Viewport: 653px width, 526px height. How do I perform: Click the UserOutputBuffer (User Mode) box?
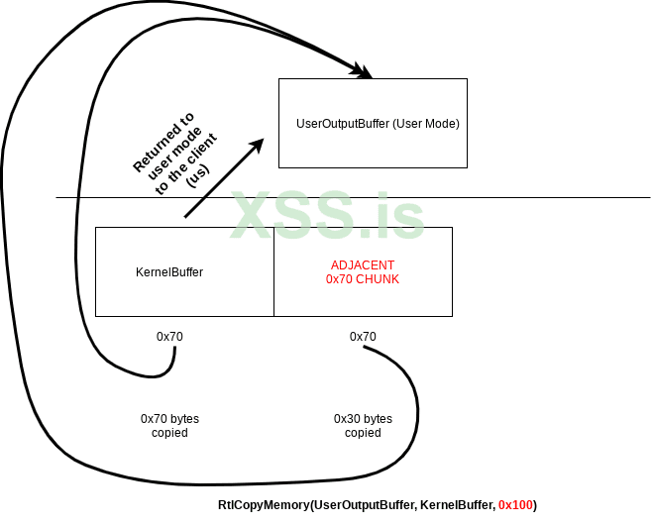pos(372,123)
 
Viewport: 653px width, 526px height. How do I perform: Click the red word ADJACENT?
pos(363,265)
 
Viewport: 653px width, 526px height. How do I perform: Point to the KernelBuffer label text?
pos(169,271)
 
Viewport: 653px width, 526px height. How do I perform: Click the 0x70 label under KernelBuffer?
pos(169,337)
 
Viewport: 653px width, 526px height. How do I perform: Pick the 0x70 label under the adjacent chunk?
pos(363,337)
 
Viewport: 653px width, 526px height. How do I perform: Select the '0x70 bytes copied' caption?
pos(169,426)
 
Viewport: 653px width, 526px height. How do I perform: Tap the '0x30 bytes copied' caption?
pos(363,426)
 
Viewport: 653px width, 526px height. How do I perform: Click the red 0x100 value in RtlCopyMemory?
pos(515,505)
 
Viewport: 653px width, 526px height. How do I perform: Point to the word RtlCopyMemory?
pos(264,505)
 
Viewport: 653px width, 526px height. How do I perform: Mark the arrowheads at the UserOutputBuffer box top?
pos(365,72)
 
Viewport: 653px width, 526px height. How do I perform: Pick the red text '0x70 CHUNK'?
pos(363,279)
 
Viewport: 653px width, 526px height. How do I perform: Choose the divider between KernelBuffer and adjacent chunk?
pos(273,271)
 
